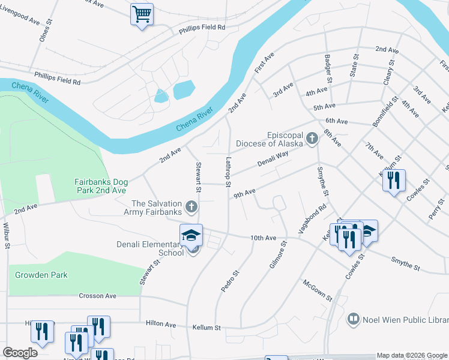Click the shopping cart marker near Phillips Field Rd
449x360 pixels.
tap(142, 14)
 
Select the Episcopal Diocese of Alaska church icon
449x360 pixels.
tap(312, 139)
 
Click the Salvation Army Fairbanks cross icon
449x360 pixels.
tap(191, 208)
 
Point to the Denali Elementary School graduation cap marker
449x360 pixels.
tap(191, 235)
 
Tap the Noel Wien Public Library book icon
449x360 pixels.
tap(354, 319)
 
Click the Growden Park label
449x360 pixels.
tap(38, 275)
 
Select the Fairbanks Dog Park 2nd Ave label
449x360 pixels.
tap(100, 186)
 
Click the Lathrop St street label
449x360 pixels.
tap(228, 172)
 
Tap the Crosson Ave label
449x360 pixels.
tap(98, 296)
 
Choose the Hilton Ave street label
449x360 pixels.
tap(161, 324)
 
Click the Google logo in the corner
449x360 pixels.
tap(20, 353)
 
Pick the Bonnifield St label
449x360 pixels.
tap(385, 110)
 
